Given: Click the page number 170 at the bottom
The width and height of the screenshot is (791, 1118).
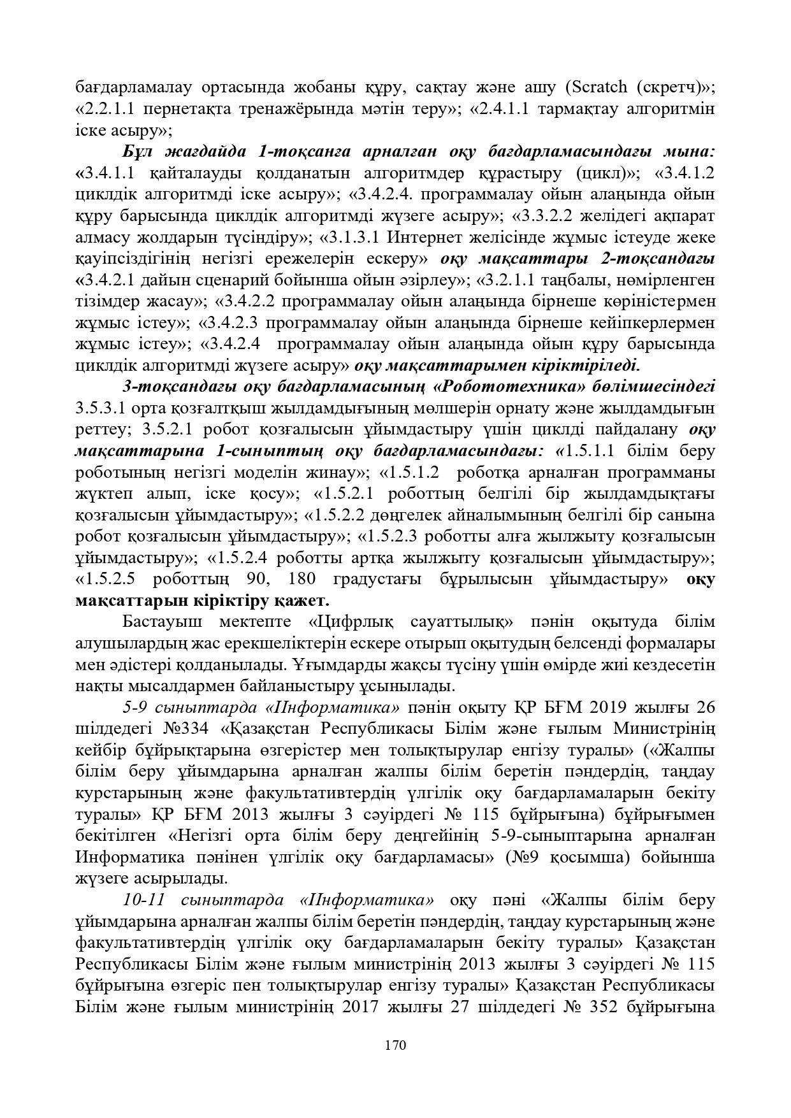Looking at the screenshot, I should point(395,1045).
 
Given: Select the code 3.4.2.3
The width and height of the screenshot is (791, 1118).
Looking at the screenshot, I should point(232,322).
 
